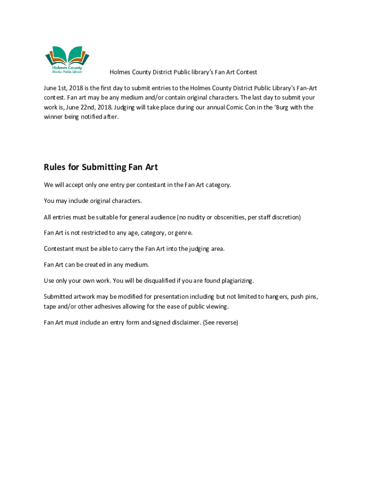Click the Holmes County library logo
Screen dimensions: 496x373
pyautogui.click(x=67, y=61)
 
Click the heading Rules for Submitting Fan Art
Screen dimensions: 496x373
pyautogui.click(x=101, y=167)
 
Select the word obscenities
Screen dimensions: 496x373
pyautogui.click(x=228, y=217)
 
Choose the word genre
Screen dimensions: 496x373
pyautogui.click(x=183, y=233)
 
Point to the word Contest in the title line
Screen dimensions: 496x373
pyautogui.click(x=245, y=72)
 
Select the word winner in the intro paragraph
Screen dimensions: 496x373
pyautogui.click(x=54, y=117)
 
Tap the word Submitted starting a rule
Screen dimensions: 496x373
pyautogui.click(x=60, y=296)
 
